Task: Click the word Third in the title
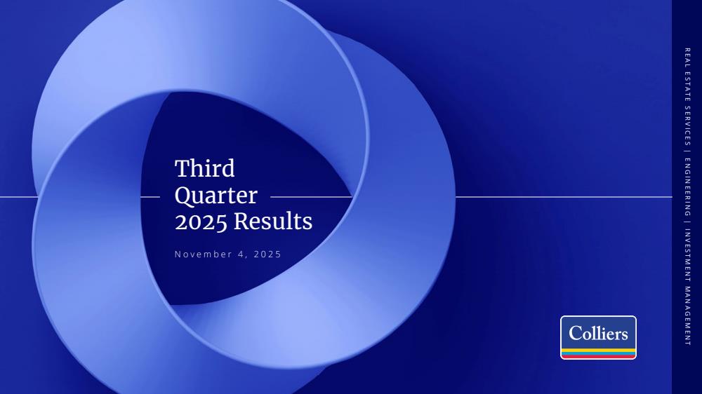click(x=204, y=168)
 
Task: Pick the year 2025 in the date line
click(x=267, y=254)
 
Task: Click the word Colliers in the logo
click(x=598, y=333)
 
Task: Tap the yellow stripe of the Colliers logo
click(x=598, y=350)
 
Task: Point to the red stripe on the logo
click(x=598, y=356)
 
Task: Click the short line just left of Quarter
click(x=150, y=197)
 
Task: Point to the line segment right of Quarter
click(x=312, y=197)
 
